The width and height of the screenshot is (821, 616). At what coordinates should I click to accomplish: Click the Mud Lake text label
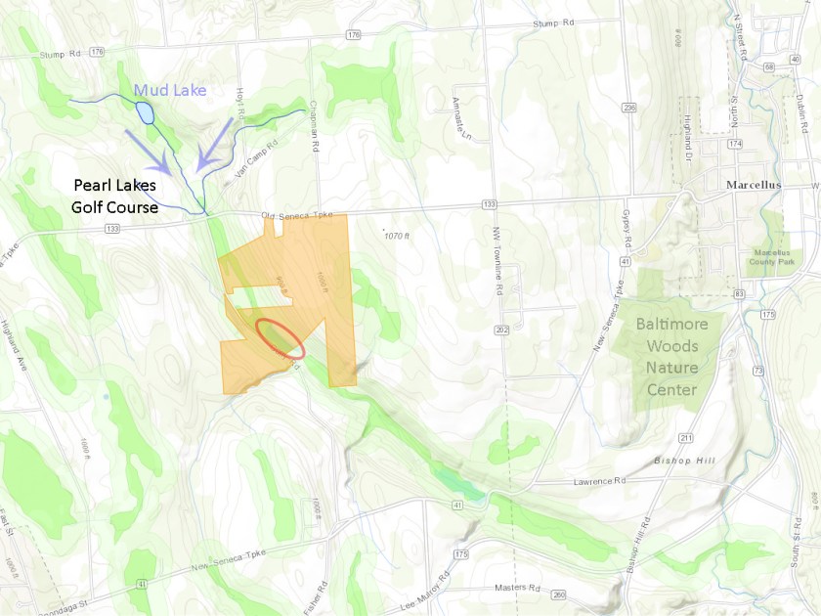[x=170, y=92]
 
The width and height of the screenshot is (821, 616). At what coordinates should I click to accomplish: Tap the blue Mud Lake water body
[x=146, y=112]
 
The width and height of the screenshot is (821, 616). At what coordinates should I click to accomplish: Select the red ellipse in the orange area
[x=281, y=336]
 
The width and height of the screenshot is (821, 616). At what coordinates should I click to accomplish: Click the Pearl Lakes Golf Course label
[x=114, y=195]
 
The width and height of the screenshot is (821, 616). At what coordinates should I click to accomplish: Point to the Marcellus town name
[x=757, y=184]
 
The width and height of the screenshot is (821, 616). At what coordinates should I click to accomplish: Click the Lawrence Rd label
[x=599, y=480]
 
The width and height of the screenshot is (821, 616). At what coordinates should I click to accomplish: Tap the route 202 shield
[x=501, y=329]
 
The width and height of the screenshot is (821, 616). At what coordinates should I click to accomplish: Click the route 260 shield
[x=558, y=594]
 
